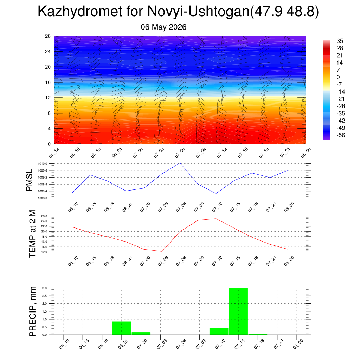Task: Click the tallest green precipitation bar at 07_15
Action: click(x=238, y=311)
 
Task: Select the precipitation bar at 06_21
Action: click(x=122, y=328)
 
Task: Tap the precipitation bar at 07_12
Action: click(x=219, y=331)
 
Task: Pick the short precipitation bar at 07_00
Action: click(x=141, y=333)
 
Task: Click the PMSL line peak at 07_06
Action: click(x=180, y=163)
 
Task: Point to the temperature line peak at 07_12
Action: click(x=216, y=219)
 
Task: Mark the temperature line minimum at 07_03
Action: click(x=162, y=251)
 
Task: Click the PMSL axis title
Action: click(x=29, y=180)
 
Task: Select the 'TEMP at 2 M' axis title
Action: click(x=32, y=234)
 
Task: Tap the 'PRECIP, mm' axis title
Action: click(x=32, y=311)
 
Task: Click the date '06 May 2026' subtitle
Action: click(x=163, y=27)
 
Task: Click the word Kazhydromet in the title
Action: click(x=80, y=11)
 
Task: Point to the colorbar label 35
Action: click(x=340, y=41)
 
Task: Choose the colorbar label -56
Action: click(x=341, y=135)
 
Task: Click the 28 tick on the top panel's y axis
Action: click(x=48, y=36)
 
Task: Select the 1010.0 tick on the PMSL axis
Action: click(x=43, y=164)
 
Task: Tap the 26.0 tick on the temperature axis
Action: click(x=44, y=216)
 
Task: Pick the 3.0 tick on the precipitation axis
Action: click(x=45, y=288)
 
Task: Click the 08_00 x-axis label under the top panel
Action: click(x=306, y=153)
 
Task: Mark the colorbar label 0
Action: click(x=338, y=77)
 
